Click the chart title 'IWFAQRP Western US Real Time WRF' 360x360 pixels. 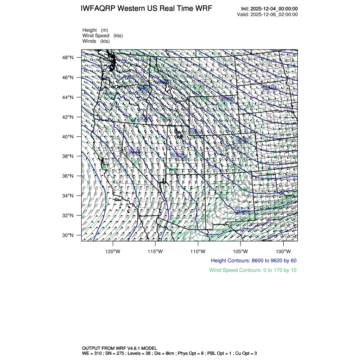coord(146,9)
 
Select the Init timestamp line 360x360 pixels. coord(269,9)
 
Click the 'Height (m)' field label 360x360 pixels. coord(95,30)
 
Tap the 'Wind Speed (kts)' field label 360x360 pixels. coord(102,36)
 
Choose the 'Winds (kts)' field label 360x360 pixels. coord(96,41)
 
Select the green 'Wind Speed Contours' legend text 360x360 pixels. coord(253,270)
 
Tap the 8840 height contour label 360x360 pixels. coord(269,88)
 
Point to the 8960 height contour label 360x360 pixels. coord(227,99)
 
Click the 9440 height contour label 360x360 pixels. coord(135,152)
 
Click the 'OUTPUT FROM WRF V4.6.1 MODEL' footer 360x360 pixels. coord(119,348)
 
